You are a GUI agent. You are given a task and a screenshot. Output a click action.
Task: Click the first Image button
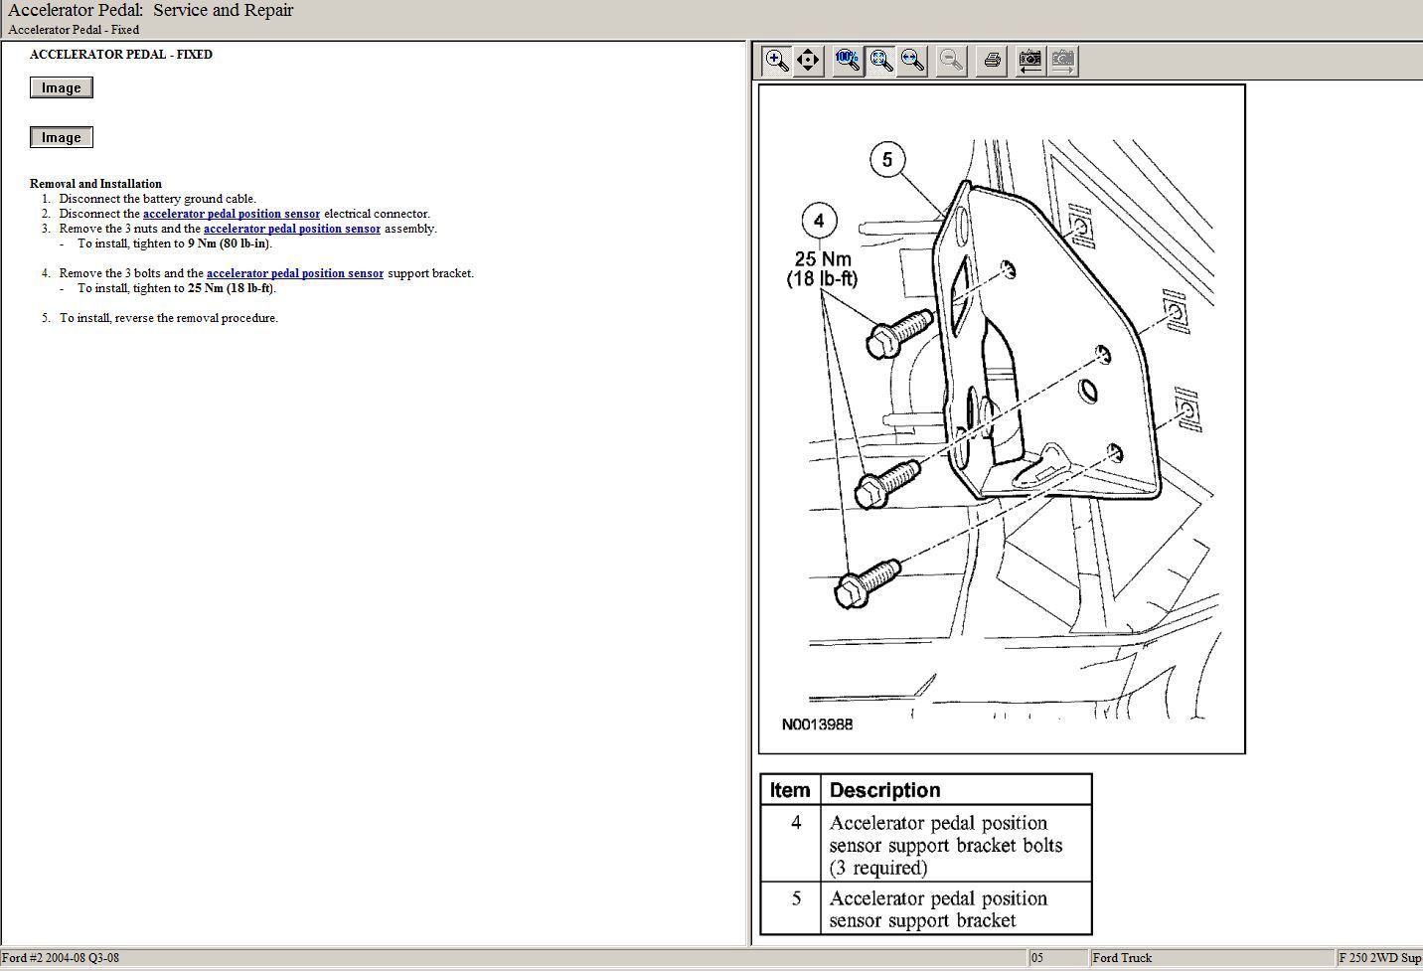click(x=61, y=87)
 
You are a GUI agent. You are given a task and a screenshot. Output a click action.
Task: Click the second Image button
click(x=61, y=137)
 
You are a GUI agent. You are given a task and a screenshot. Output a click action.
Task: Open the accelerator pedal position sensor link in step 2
click(x=232, y=214)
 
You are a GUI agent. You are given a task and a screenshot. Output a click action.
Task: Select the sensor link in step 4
click(x=295, y=273)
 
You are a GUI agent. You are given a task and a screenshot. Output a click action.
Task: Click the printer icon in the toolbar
click(x=992, y=61)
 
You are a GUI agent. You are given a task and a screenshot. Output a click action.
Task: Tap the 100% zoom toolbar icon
click(x=848, y=61)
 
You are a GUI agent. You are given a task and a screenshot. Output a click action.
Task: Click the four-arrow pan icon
click(x=808, y=61)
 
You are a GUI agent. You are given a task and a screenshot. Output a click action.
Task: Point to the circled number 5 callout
click(x=887, y=159)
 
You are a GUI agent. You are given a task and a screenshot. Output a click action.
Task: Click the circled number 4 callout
click(x=820, y=221)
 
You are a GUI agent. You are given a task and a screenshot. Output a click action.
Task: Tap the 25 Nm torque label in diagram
click(x=823, y=258)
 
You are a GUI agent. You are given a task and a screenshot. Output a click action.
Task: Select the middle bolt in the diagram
click(x=887, y=484)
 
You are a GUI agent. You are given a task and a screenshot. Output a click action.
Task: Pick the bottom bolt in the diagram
click(x=868, y=582)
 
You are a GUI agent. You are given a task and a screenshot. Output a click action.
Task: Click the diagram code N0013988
click(x=817, y=725)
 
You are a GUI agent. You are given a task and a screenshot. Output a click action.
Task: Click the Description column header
click(x=885, y=790)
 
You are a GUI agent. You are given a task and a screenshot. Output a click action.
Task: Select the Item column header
click(x=790, y=790)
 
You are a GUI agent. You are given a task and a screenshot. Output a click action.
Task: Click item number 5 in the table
click(x=796, y=898)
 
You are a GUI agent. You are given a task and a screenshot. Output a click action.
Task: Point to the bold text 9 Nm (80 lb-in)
click(x=229, y=243)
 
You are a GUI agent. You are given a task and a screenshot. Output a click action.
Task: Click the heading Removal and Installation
click(x=95, y=184)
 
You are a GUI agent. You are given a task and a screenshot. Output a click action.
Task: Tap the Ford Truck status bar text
click(x=1122, y=958)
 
